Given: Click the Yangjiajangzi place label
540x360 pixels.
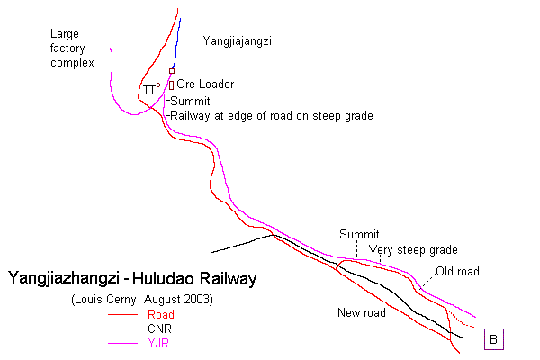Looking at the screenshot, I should click(238, 40).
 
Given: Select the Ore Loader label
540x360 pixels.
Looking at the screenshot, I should click(205, 85).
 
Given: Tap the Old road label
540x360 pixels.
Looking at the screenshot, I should click(457, 271).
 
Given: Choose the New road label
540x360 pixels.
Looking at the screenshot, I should click(361, 313).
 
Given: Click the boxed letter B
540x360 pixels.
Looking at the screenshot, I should click(494, 339).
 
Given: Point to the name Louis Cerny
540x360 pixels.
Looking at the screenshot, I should click(109, 299).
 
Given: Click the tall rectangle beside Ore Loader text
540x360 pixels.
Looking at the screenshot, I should click(170, 85).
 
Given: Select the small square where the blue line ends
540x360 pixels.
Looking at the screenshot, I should click(172, 70).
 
